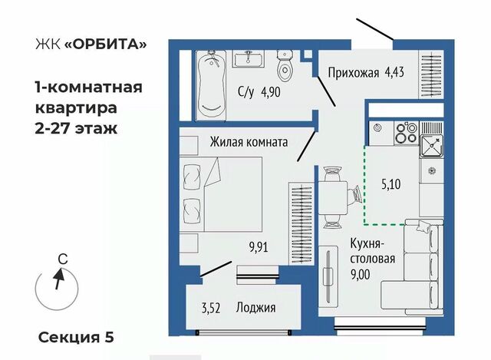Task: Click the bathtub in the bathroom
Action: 211,85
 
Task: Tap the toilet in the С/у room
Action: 285,66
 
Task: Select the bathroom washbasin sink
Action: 249,59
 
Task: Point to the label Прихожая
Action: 354,73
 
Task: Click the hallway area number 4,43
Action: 394,72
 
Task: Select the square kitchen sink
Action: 431,146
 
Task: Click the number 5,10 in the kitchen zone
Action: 391,184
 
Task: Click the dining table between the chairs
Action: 333,197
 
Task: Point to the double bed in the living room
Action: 222,194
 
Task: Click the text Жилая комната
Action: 249,142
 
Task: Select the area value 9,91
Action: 259,247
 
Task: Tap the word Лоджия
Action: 255,308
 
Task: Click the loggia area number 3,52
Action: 211,308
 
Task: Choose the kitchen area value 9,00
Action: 360,275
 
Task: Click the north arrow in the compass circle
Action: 59,279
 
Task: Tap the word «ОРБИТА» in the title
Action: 105,45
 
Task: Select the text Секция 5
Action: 76,338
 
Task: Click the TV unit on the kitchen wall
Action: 328,276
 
